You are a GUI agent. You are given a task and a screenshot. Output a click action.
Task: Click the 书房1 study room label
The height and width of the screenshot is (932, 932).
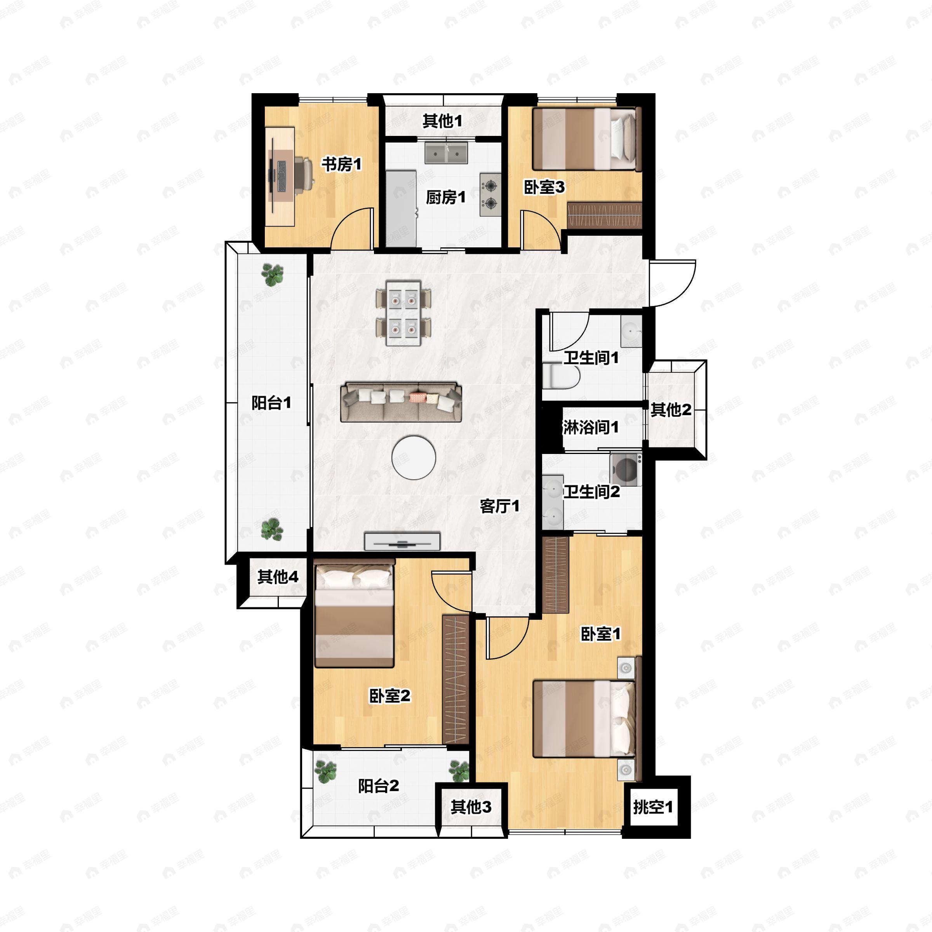(342, 165)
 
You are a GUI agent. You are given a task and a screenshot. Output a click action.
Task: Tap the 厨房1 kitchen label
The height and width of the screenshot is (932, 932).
(446, 197)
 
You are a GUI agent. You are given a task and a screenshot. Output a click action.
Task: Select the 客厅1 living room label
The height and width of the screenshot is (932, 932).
(500, 506)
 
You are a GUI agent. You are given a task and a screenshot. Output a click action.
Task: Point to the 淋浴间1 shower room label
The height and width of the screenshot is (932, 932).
(591, 427)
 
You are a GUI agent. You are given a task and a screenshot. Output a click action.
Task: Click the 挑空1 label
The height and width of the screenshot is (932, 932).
(653, 807)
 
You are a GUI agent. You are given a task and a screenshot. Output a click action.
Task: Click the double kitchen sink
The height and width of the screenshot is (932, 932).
(446, 153)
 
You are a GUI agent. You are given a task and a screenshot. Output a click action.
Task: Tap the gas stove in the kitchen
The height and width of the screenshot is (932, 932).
(490, 195)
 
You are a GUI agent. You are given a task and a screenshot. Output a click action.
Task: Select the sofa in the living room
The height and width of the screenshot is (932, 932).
(401, 402)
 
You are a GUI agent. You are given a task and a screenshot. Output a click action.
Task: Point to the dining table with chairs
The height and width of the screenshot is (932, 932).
(403, 313)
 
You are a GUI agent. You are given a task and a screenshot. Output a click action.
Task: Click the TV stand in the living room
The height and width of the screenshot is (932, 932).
(402, 541)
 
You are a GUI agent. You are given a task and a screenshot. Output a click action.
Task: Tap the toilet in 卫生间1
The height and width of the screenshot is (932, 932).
(560, 377)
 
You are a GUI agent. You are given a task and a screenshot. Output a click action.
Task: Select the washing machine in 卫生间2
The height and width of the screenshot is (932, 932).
(626, 469)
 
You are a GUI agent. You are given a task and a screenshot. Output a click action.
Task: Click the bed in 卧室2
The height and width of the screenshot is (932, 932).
(355, 613)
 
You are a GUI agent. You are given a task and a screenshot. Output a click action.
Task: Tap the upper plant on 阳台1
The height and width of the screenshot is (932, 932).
(273, 275)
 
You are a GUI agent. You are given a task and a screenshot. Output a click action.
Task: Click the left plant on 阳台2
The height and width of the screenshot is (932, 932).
(326, 771)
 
